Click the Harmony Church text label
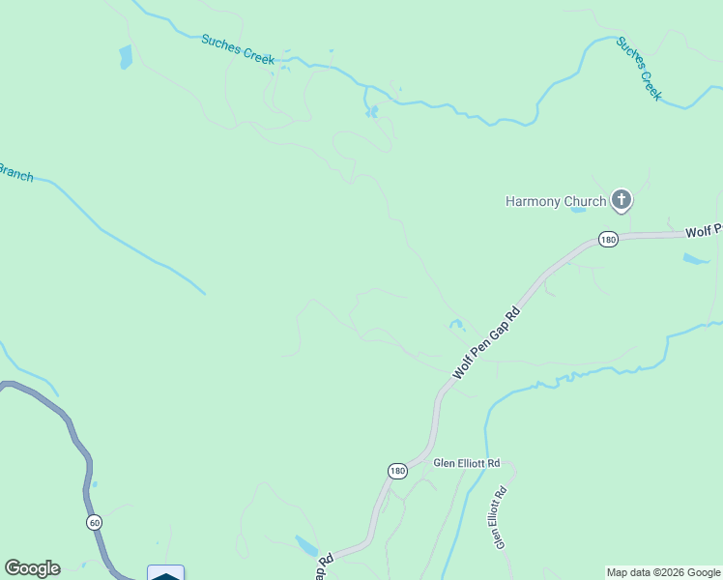click(556, 201)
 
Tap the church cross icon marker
click(621, 201)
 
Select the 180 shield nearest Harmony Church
click(607, 240)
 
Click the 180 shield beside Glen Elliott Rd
click(397, 471)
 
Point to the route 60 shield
click(94, 522)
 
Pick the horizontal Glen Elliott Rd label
click(466, 463)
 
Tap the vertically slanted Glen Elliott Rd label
click(500, 519)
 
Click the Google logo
click(32, 568)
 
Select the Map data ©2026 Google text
click(663, 572)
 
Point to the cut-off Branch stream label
click(15, 174)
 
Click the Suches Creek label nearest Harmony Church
click(639, 70)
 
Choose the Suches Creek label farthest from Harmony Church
click(238, 49)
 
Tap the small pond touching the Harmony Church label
click(578, 209)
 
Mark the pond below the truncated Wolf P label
click(695, 259)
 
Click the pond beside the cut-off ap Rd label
click(305, 545)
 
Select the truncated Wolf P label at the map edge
click(704, 232)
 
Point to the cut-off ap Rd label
click(323, 567)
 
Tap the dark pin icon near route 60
click(165, 574)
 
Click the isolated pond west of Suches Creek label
click(126, 58)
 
